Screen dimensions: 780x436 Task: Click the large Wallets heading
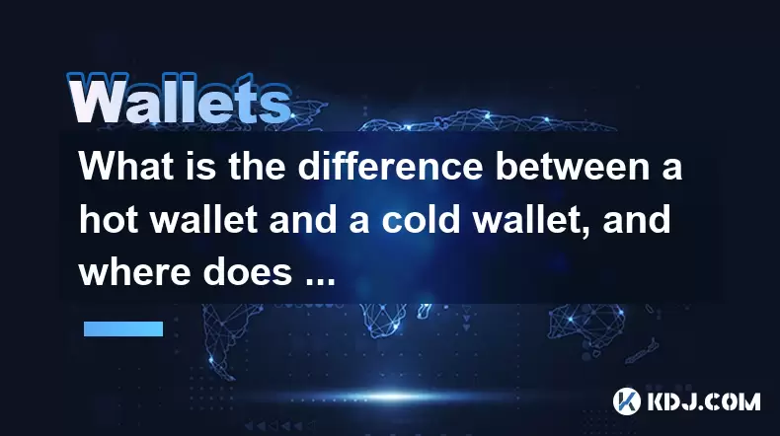coord(179,99)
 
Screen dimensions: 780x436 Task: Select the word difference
coord(391,166)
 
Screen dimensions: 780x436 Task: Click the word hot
coord(109,220)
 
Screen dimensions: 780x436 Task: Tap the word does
coord(247,272)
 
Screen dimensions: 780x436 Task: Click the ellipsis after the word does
coord(319,282)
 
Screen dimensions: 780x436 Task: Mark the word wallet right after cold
coord(531,220)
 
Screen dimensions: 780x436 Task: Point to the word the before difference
coord(257,166)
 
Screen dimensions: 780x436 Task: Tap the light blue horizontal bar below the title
coord(123,328)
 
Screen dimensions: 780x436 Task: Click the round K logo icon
coord(626,401)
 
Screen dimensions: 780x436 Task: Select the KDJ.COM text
coord(703,401)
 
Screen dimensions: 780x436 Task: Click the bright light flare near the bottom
coord(393,397)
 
